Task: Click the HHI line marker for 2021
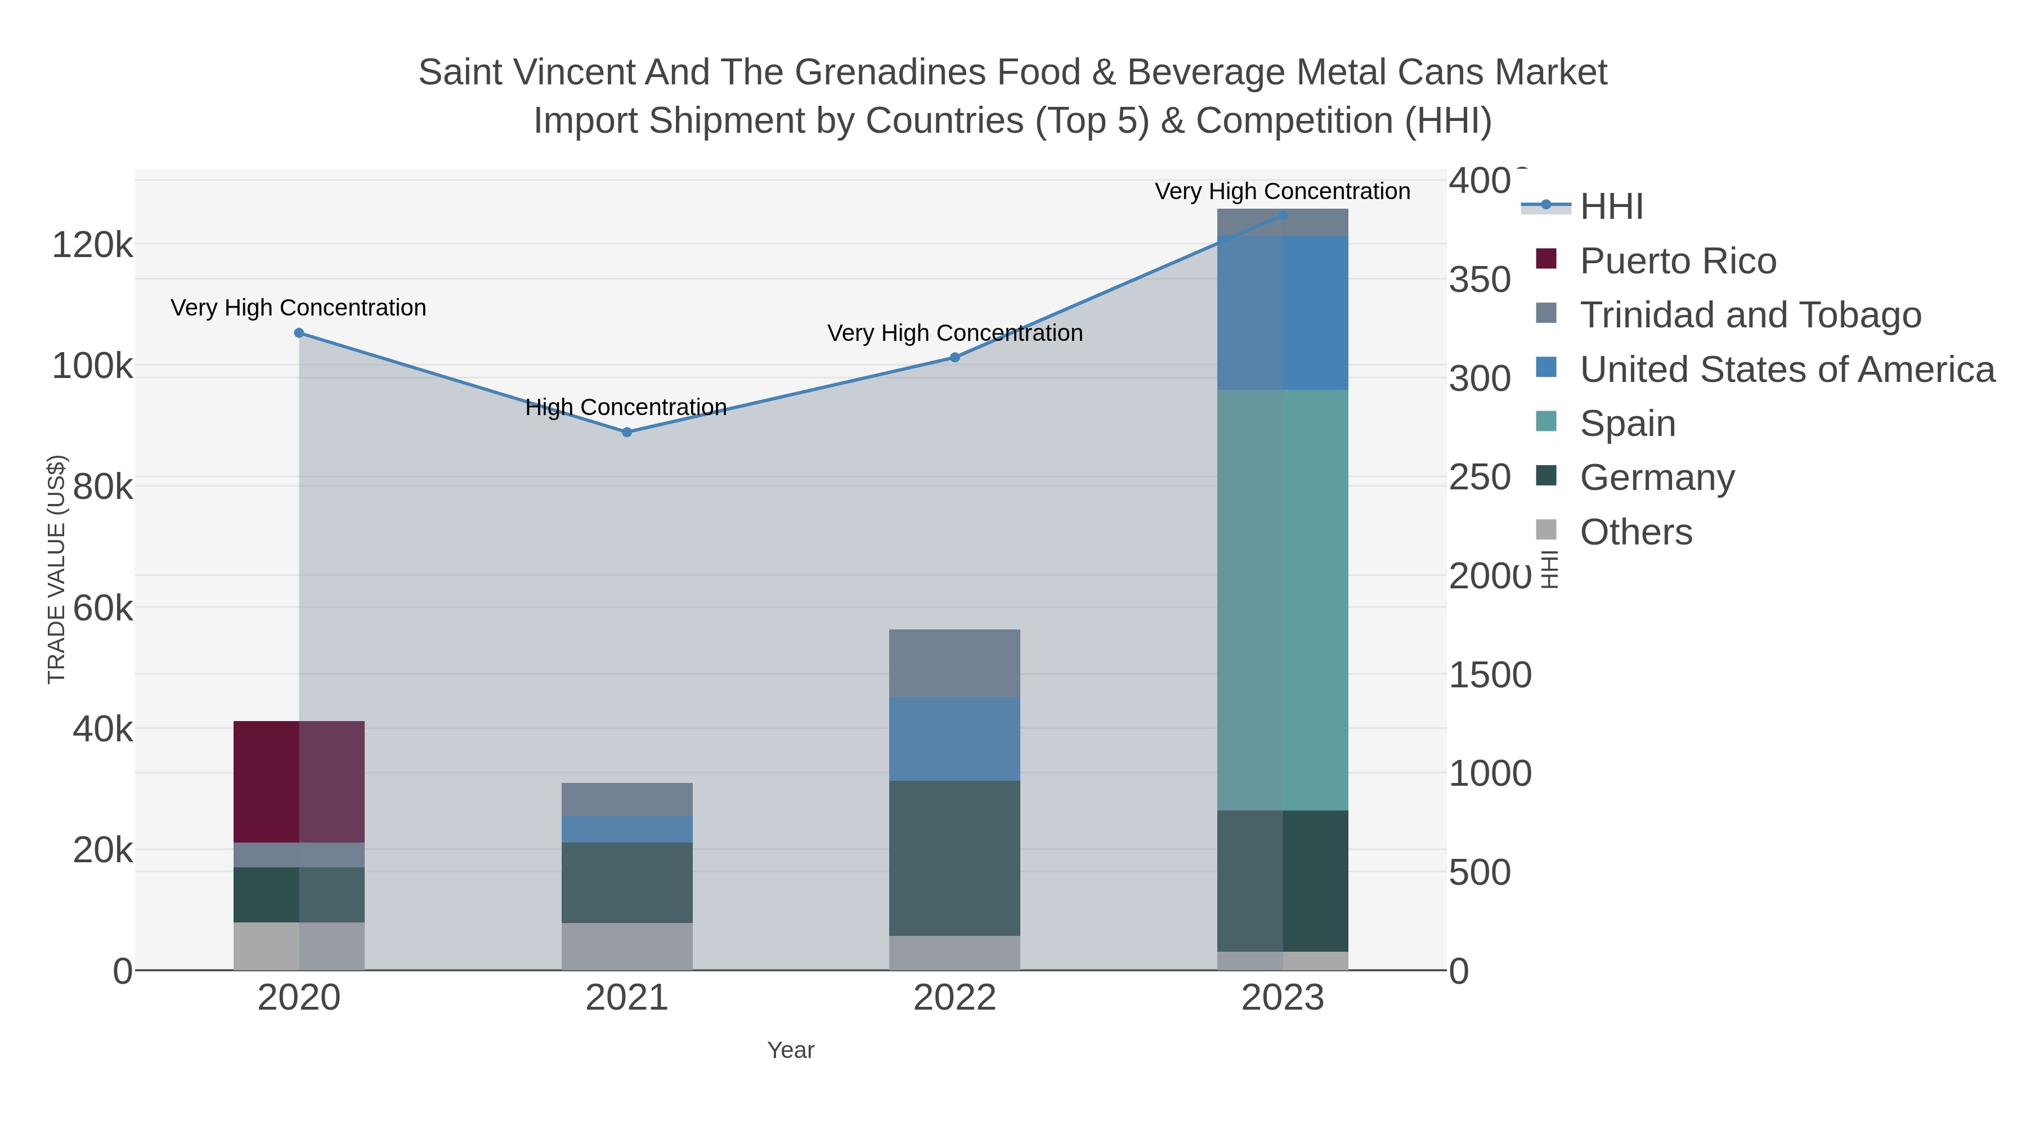tap(627, 433)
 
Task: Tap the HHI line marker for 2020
tap(299, 334)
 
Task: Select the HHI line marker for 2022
tap(955, 358)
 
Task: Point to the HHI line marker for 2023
tap(1283, 215)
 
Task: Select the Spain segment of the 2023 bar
tap(1283, 600)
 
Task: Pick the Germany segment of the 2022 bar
tap(955, 858)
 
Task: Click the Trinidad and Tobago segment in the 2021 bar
tap(627, 799)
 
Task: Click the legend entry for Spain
tap(1627, 424)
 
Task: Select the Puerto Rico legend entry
tap(1678, 261)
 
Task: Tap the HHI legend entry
tap(1611, 207)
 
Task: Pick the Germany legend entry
tap(1656, 478)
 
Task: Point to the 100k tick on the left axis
tap(92, 366)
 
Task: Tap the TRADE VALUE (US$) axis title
tap(57, 569)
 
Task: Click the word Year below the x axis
tap(791, 1050)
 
